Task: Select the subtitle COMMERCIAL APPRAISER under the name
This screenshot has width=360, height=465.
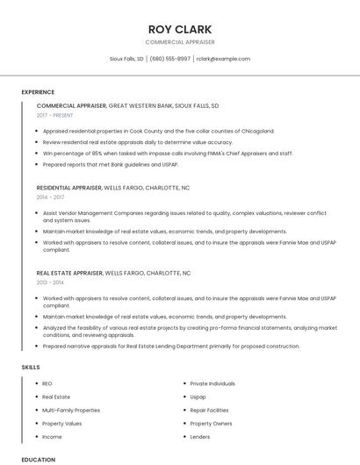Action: (179, 42)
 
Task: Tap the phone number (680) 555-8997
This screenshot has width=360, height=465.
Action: (169, 59)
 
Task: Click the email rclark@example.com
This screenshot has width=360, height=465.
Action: (223, 59)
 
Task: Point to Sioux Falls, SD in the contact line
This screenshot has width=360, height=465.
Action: (126, 59)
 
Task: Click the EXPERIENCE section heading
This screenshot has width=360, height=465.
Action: (38, 92)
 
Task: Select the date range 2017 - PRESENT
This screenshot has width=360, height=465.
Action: (56, 115)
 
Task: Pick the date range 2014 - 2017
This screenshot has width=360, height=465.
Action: (50, 197)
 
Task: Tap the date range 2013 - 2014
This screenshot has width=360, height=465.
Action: (50, 283)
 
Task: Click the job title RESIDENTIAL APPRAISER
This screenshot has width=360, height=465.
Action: (69, 188)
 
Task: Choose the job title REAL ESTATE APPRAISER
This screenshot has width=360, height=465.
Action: (69, 273)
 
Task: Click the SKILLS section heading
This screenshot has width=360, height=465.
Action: (30, 367)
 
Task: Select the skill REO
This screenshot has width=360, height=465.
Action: (47, 383)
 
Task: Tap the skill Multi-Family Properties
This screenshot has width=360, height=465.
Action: (71, 410)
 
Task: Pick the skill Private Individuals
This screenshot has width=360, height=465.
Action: (212, 383)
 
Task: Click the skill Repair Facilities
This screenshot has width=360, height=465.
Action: (209, 410)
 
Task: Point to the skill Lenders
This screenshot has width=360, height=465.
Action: (199, 436)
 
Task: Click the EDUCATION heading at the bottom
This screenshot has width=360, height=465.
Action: (38, 459)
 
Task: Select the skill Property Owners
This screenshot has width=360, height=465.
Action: (211, 423)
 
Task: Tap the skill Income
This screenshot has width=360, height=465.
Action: (52, 436)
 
